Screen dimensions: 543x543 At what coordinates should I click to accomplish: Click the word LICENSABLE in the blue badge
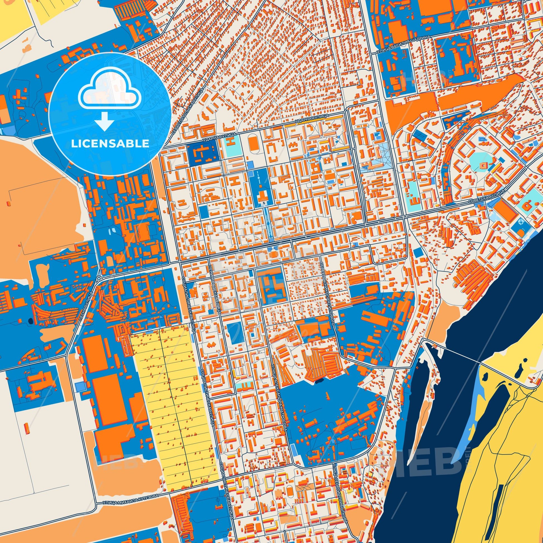[110, 143]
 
